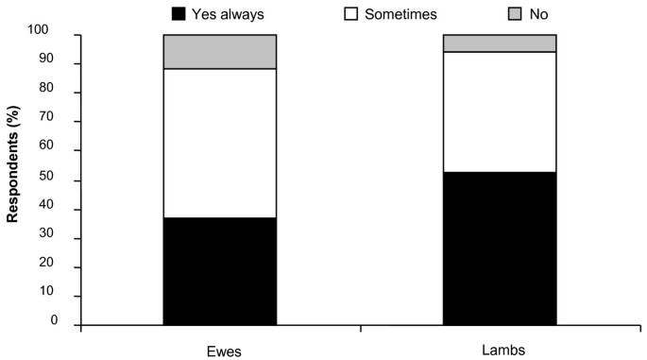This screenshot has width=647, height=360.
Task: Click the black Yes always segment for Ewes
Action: coord(219,270)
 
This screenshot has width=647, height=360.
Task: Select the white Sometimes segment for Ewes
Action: coord(219,143)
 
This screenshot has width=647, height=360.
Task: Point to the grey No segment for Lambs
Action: coord(500,43)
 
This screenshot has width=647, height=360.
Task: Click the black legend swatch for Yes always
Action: coord(178,13)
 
